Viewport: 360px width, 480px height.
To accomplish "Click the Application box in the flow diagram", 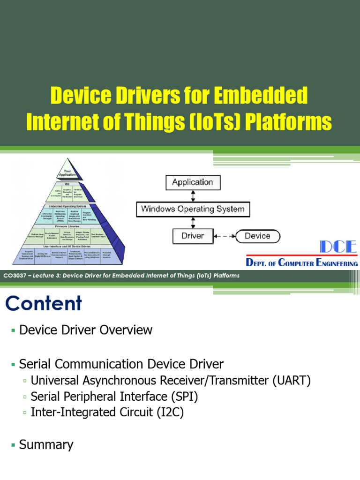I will pyautogui.click(x=192, y=182).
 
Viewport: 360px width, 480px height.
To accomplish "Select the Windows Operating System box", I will pyautogui.click(x=193, y=209).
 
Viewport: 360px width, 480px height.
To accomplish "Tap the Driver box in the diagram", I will pyautogui.click(x=193, y=236).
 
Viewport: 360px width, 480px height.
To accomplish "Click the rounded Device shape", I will pyautogui.click(x=257, y=236).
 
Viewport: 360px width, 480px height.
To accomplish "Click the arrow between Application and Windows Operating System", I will pyautogui.click(x=193, y=195).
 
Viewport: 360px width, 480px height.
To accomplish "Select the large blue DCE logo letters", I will pyautogui.click(x=338, y=247).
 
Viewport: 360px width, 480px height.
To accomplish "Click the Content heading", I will pyautogui.click(x=44, y=304).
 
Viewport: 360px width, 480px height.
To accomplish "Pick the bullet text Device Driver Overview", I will pyautogui.click(x=86, y=330).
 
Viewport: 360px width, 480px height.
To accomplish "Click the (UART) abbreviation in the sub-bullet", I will pyautogui.click(x=291, y=380).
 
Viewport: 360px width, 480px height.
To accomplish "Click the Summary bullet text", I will pyautogui.click(x=46, y=444).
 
